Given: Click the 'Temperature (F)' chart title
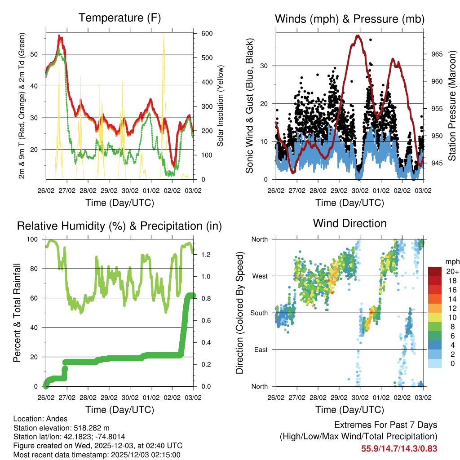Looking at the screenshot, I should (x=119, y=18).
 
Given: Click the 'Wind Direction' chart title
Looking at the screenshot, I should (x=349, y=223).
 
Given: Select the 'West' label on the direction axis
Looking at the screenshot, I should (x=260, y=276).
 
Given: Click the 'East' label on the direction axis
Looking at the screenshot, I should (x=261, y=349).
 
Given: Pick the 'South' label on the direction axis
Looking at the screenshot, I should (x=259, y=313).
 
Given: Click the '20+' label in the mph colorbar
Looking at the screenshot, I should (x=452, y=271).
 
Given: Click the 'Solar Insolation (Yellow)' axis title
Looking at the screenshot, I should (x=221, y=106).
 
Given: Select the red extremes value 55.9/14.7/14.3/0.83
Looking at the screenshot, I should (x=399, y=448).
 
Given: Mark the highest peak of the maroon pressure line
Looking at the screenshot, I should (x=358, y=35).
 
